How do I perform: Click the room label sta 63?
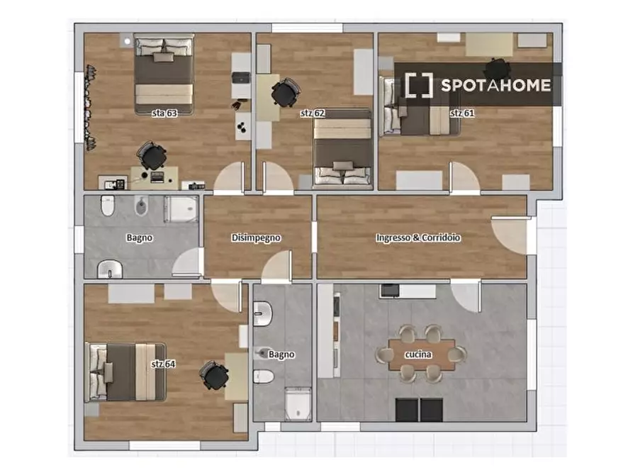click(164, 113)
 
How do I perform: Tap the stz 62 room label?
click(313, 113)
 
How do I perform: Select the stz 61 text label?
click(462, 113)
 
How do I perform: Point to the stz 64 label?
click(163, 364)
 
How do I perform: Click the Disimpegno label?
click(256, 238)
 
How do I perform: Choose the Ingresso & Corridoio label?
click(418, 238)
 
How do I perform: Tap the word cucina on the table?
click(418, 354)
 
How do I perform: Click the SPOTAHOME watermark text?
click(495, 85)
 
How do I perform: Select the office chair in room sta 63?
click(152, 156)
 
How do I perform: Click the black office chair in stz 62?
click(286, 93)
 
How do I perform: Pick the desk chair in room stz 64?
click(214, 376)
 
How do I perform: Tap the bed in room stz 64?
click(125, 372)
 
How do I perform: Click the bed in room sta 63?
click(164, 74)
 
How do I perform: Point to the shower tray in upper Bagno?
click(181, 209)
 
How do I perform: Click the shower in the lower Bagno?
click(298, 404)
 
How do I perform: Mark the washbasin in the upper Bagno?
click(110, 269)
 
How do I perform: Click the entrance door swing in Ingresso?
click(510, 235)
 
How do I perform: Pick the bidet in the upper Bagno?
click(141, 206)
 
